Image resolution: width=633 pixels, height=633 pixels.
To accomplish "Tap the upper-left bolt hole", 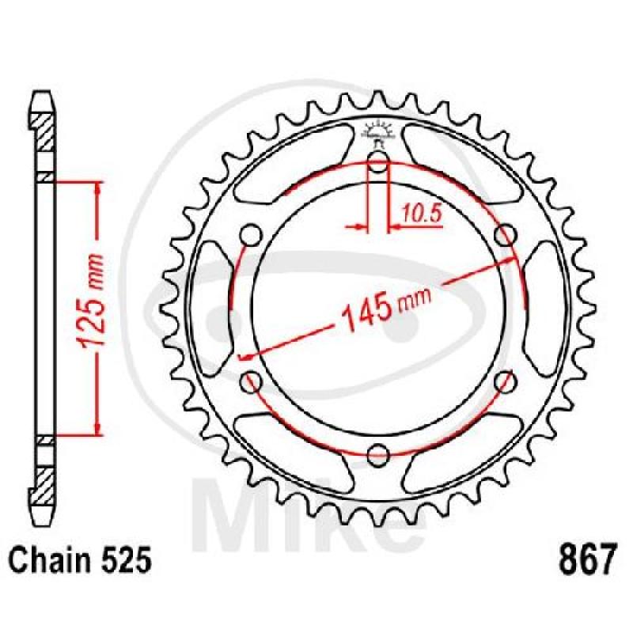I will point(252,234).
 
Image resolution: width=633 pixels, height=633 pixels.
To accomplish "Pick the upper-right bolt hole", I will point(506,234).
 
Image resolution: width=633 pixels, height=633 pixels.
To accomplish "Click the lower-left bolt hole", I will point(252,381).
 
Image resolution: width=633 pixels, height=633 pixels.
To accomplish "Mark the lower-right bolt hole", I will point(506,381).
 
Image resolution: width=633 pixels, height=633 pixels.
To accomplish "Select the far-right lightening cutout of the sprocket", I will point(549,309).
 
